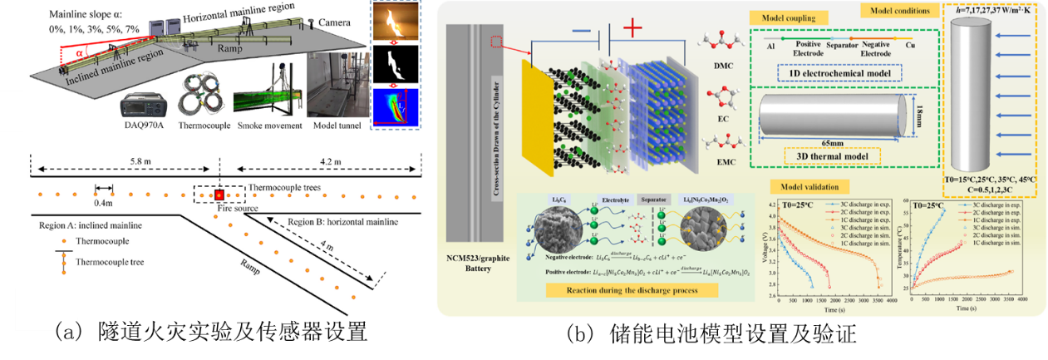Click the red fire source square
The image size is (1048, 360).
219,195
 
